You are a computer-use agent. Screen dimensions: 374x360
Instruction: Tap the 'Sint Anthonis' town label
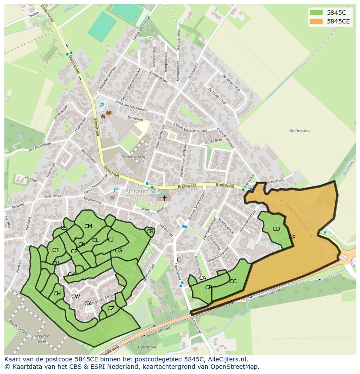(143, 192)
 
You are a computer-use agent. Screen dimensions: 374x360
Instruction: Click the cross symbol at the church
(164, 198)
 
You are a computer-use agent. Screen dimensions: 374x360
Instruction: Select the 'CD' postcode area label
(276, 229)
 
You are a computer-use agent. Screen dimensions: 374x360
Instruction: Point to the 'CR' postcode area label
(150, 232)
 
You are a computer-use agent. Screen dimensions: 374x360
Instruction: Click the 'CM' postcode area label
(88, 226)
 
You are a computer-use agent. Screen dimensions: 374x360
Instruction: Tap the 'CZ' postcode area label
(111, 308)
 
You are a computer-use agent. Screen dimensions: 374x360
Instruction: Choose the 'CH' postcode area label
(57, 294)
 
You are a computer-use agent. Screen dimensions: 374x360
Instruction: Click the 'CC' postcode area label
(233, 281)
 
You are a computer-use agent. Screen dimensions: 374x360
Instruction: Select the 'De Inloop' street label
(136, 118)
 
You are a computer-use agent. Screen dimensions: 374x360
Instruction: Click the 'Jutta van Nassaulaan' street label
(132, 107)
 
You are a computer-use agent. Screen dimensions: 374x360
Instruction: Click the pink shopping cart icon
(113, 197)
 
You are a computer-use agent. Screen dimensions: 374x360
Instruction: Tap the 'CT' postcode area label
(55, 250)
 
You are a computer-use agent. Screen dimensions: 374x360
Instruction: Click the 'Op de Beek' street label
(213, 142)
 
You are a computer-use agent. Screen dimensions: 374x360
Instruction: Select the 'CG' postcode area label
(119, 251)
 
